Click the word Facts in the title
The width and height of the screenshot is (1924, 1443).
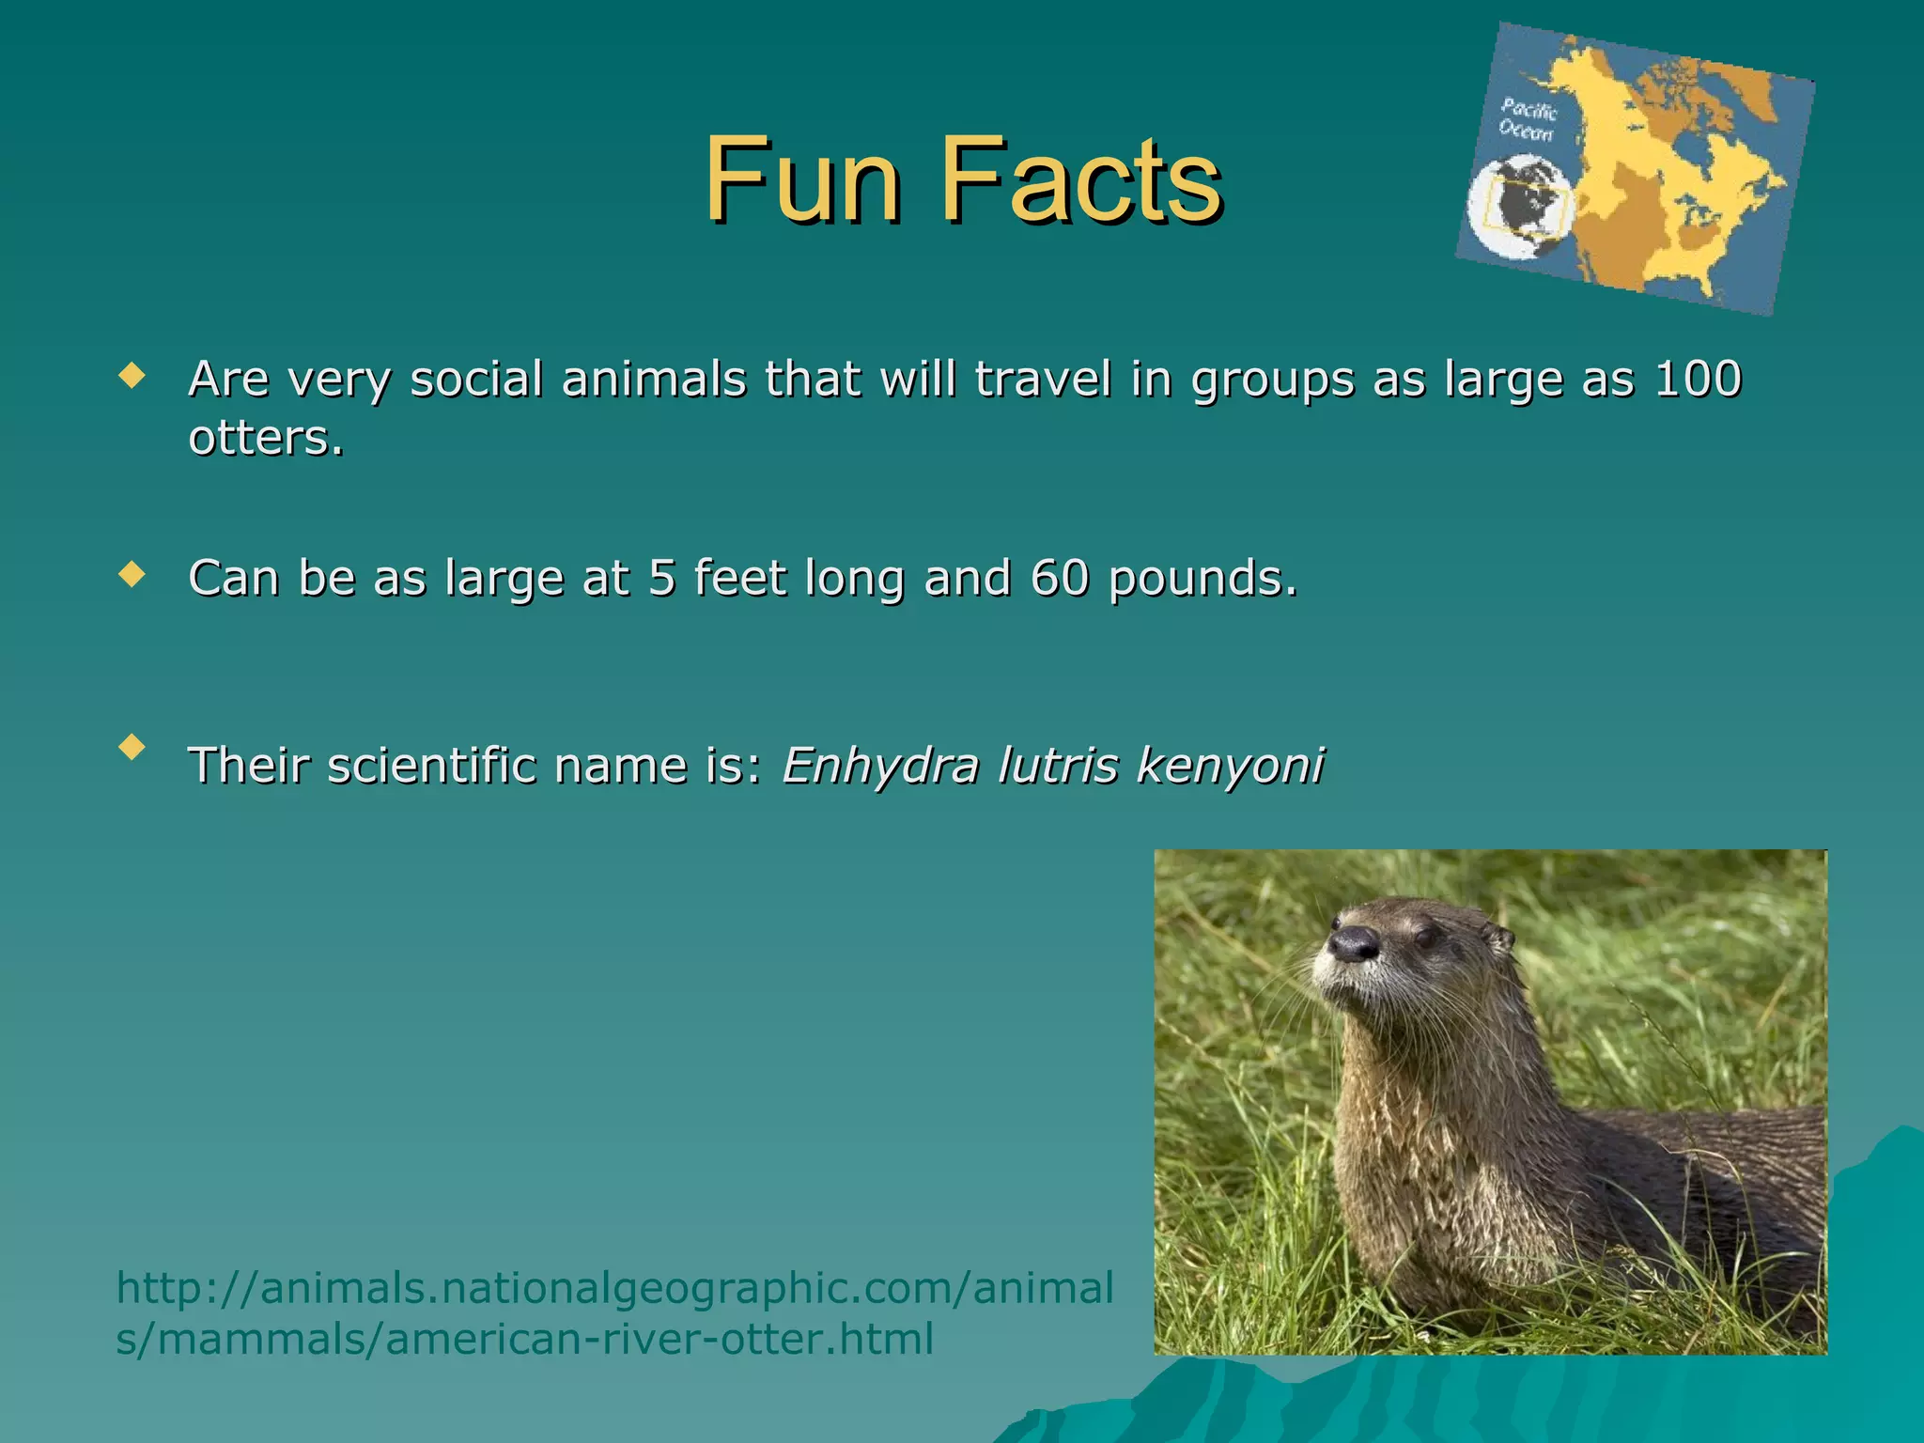(1080, 178)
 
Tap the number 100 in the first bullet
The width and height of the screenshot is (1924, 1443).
(1699, 379)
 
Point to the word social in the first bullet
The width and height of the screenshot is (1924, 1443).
(477, 379)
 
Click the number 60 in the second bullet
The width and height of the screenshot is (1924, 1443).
(1060, 577)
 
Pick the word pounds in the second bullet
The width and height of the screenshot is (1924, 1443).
(1202, 579)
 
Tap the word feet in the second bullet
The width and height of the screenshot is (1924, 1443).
(739, 577)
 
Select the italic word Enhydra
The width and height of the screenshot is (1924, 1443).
(879, 766)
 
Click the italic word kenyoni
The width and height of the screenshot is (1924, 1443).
(1231, 766)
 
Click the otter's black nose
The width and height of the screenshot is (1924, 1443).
(1353, 942)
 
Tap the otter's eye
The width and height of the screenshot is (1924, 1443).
(1426, 937)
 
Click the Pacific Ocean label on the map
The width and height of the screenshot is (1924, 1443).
(1528, 120)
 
